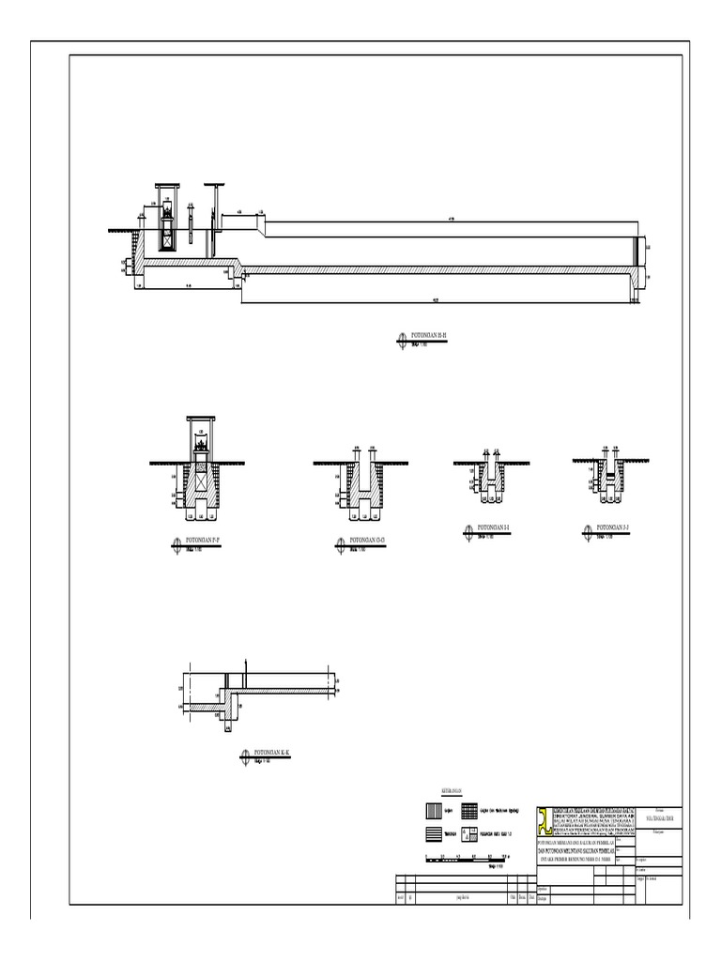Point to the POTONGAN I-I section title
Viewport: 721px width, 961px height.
coord(496,529)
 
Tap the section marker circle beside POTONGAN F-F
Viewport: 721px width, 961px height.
coord(176,543)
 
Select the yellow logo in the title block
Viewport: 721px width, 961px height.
coord(546,820)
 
